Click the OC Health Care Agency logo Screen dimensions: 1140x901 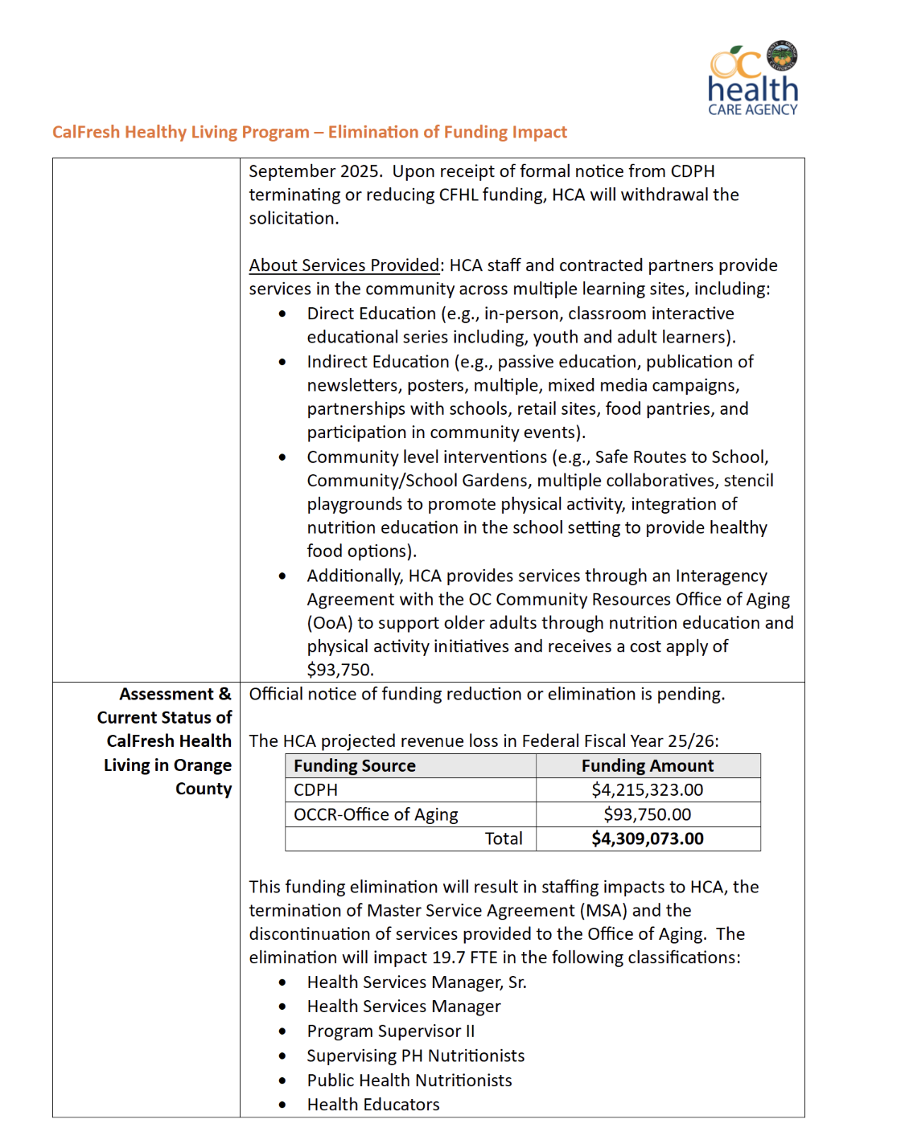(x=753, y=79)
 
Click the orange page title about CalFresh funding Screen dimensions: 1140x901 (x=310, y=132)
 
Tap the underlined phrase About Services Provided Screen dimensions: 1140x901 (x=344, y=265)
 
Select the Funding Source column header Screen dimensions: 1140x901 (x=355, y=766)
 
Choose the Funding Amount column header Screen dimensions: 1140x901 (x=648, y=766)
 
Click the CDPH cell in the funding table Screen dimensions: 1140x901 (x=316, y=790)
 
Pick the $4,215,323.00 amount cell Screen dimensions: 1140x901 (x=648, y=790)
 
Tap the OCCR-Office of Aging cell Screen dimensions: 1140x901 (x=376, y=814)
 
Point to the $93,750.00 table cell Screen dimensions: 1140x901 (x=648, y=814)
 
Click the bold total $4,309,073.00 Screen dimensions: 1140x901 (x=648, y=839)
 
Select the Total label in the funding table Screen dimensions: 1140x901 (x=504, y=839)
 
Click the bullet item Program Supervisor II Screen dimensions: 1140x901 (x=391, y=1031)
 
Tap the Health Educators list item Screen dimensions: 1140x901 (x=373, y=1105)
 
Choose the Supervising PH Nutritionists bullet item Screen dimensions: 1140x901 (x=416, y=1056)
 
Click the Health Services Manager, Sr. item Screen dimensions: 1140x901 (x=417, y=982)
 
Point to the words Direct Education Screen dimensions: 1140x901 (x=372, y=314)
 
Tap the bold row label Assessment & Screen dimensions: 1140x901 (x=175, y=694)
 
